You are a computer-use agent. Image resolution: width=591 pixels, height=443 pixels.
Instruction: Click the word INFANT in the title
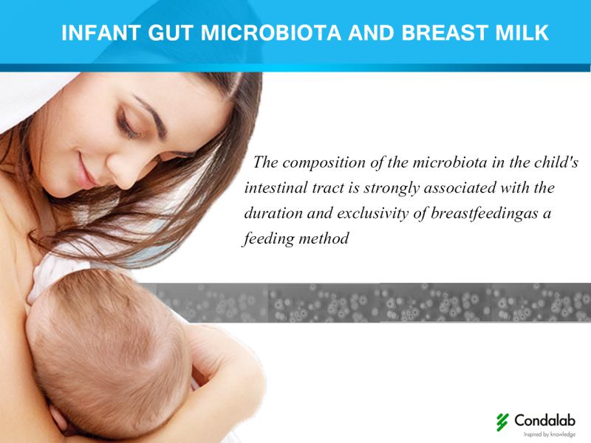(x=101, y=32)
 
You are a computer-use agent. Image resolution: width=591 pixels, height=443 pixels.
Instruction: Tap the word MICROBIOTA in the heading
(x=271, y=32)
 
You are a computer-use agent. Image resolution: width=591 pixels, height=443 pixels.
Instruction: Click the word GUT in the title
(x=171, y=32)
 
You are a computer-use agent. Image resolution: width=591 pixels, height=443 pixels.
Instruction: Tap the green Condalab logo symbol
(x=502, y=422)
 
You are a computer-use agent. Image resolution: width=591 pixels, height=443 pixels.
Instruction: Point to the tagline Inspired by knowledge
(x=550, y=434)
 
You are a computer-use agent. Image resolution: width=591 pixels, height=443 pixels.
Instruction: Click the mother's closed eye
(x=128, y=126)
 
